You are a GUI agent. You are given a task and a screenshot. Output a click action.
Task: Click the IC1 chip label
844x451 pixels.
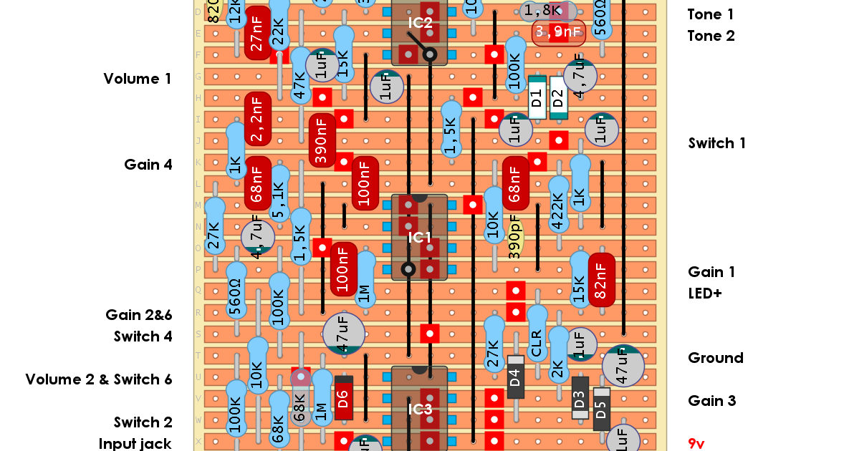tap(419, 237)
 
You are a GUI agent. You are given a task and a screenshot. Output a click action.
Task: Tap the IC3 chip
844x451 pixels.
tap(419, 409)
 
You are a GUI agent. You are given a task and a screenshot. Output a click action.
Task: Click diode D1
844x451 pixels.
tap(537, 97)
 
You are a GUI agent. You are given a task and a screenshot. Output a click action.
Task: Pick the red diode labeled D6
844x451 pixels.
tap(343, 397)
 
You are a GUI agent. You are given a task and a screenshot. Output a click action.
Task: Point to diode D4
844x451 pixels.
tap(515, 377)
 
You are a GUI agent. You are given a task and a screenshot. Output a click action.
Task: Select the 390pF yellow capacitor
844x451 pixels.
tap(514, 237)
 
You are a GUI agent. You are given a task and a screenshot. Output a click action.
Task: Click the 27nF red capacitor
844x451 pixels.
tap(257, 33)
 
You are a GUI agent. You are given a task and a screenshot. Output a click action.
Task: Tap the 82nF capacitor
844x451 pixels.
tap(601, 280)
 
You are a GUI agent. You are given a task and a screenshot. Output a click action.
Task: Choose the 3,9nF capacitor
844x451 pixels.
tap(558, 32)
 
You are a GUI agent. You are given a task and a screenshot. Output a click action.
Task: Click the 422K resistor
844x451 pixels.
tap(557, 205)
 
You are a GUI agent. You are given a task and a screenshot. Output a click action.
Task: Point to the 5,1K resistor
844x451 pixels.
tap(279, 194)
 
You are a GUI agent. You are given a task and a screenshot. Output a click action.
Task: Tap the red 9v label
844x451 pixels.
tap(696, 444)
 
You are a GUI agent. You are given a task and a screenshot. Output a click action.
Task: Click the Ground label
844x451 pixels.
tap(715, 358)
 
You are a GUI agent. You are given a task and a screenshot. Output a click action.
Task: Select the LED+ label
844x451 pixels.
tap(705, 294)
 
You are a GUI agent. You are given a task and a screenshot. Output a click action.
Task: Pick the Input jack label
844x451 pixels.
tap(135, 444)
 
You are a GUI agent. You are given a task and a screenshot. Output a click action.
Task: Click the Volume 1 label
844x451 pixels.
tap(138, 79)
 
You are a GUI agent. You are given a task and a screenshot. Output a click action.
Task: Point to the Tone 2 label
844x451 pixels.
tap(711, 36)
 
